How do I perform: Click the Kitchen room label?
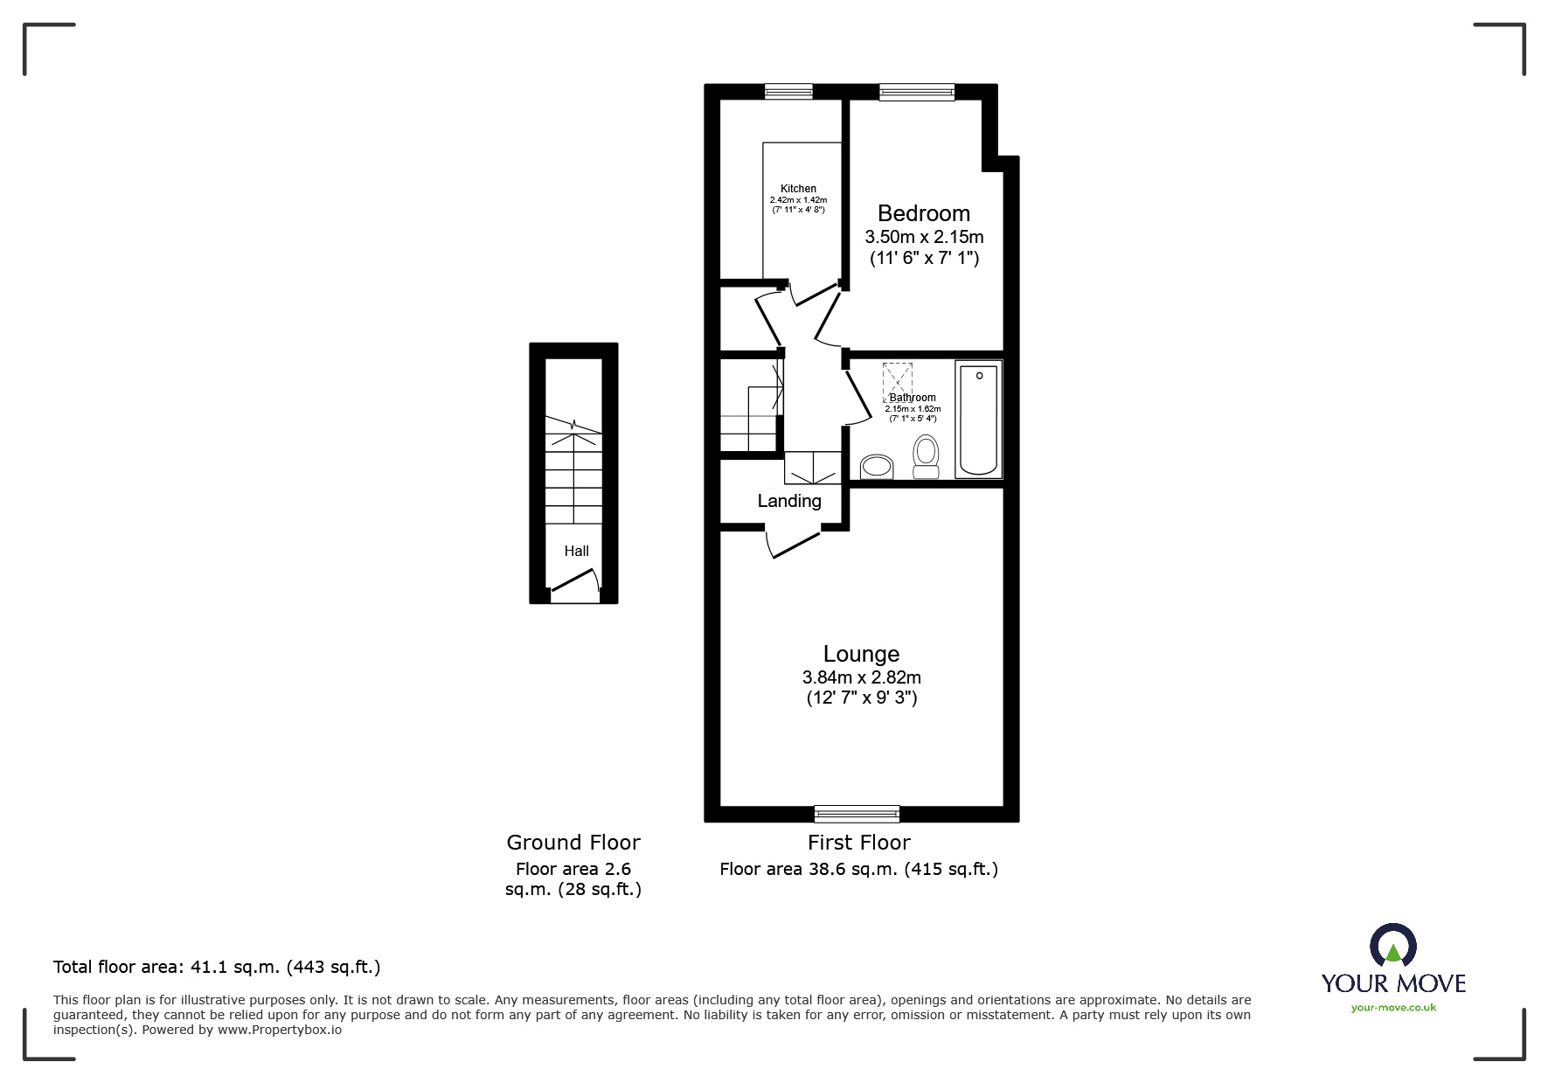click(x=798, y=189)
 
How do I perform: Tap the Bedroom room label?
click(x=923, y=213)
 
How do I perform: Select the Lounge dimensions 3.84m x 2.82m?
click(x=861, y=677)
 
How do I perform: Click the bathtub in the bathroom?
click(x=978, y=419)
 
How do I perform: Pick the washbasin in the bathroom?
click(x=876, y=466)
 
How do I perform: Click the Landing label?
click(x=788, y=501)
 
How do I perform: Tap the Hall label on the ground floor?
click(x=576, y=551)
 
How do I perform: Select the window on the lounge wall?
click(x=856, y=814)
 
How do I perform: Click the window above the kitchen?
click(x=788, y=91)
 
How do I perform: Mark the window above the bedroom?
click(x=916, y=91)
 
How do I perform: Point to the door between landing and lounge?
click(x=794, y=543)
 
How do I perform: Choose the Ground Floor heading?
click(x=573, y=843)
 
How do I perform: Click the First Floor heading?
click(x=858, y=843)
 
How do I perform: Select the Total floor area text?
click(x=217, y=967)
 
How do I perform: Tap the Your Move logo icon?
click(x=1392, y=946)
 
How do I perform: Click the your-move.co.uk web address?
click(x=1393, y=1008)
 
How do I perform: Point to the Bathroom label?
click(x=913, y=398)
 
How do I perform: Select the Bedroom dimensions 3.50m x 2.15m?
click(x=924, y=237)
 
